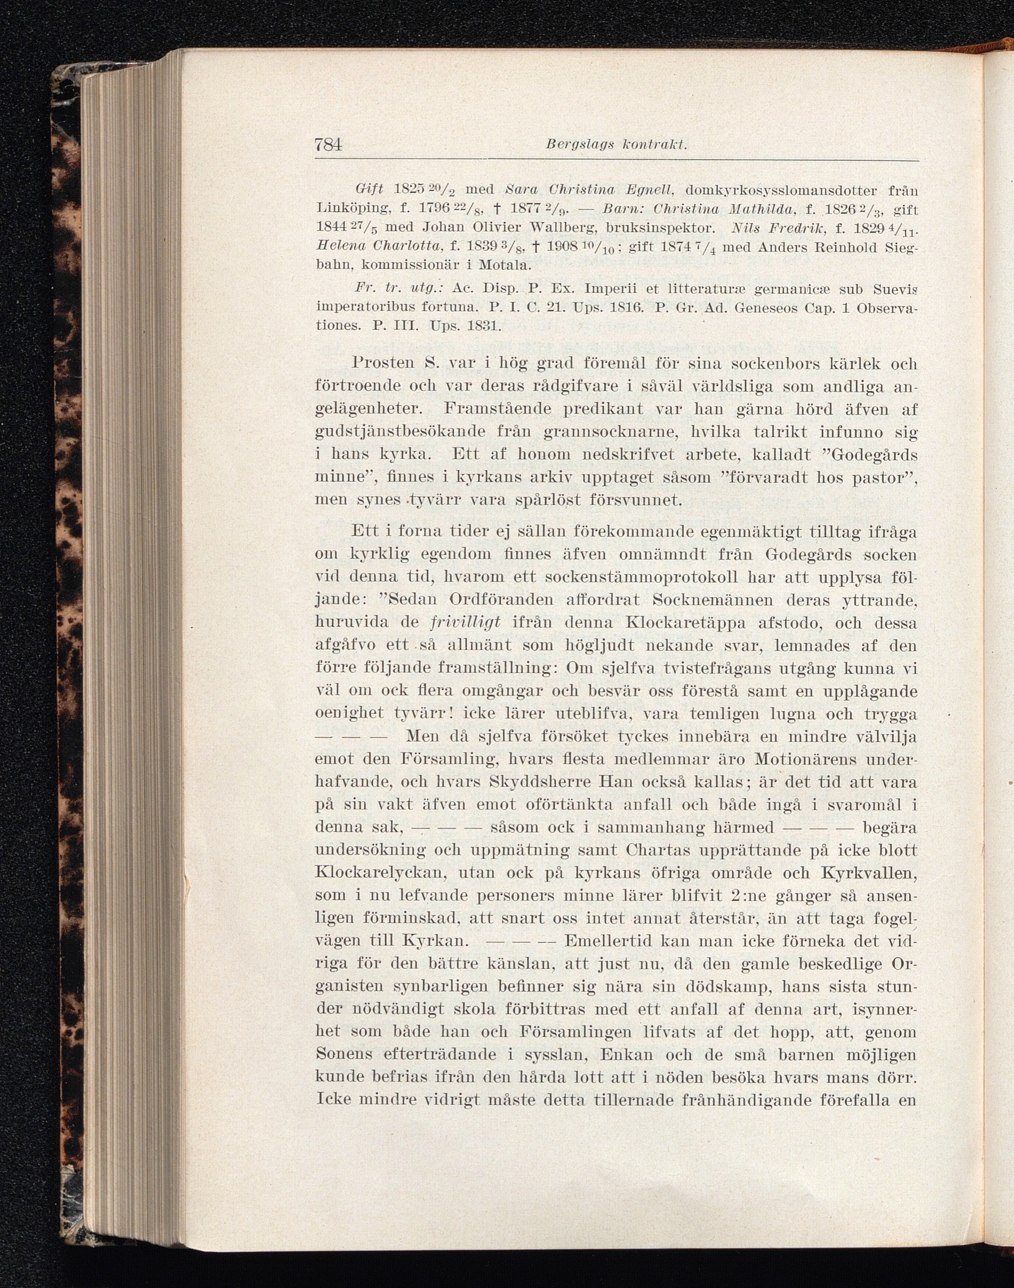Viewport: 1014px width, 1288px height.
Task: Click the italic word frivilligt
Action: click(x=465, y=622)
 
